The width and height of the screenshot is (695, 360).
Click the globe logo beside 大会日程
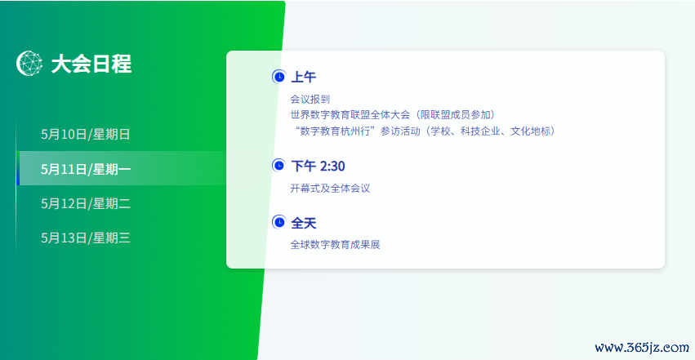pos(29,64)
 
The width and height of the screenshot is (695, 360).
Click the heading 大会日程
pos(91,64)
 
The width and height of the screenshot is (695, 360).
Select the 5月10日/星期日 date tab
pos(86,134)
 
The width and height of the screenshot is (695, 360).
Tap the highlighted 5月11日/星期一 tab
pos(86,169)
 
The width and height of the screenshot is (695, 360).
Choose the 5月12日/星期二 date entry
pos(86,203)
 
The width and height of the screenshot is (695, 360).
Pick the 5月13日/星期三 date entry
pos(86,238)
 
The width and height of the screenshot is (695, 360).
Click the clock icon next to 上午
pos(278,77)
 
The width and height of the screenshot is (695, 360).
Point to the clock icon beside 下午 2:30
pos(278,166)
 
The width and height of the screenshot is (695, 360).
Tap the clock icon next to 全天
pos(278,222)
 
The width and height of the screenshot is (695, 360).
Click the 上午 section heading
pos(304,77)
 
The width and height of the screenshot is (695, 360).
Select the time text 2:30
pos(332,166)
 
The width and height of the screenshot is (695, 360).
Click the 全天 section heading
pos(304,223)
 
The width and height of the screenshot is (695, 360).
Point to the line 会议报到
pos(310,99)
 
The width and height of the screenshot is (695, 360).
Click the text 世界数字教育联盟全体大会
pos(350,114)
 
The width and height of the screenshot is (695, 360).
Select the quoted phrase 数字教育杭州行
pos(335,131)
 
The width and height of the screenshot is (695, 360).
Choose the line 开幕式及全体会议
pos(330,189)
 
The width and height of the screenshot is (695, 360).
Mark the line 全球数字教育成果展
pos(335,244)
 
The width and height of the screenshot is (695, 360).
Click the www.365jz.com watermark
pos(642,348)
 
